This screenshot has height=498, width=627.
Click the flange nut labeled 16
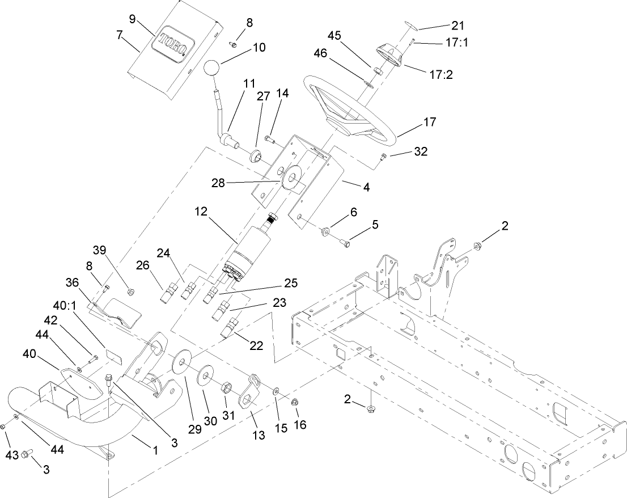click(x=295, y=402)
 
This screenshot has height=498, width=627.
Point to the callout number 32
click(x=420, y=151)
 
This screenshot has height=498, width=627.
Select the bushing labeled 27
click(x=256, y=154)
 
